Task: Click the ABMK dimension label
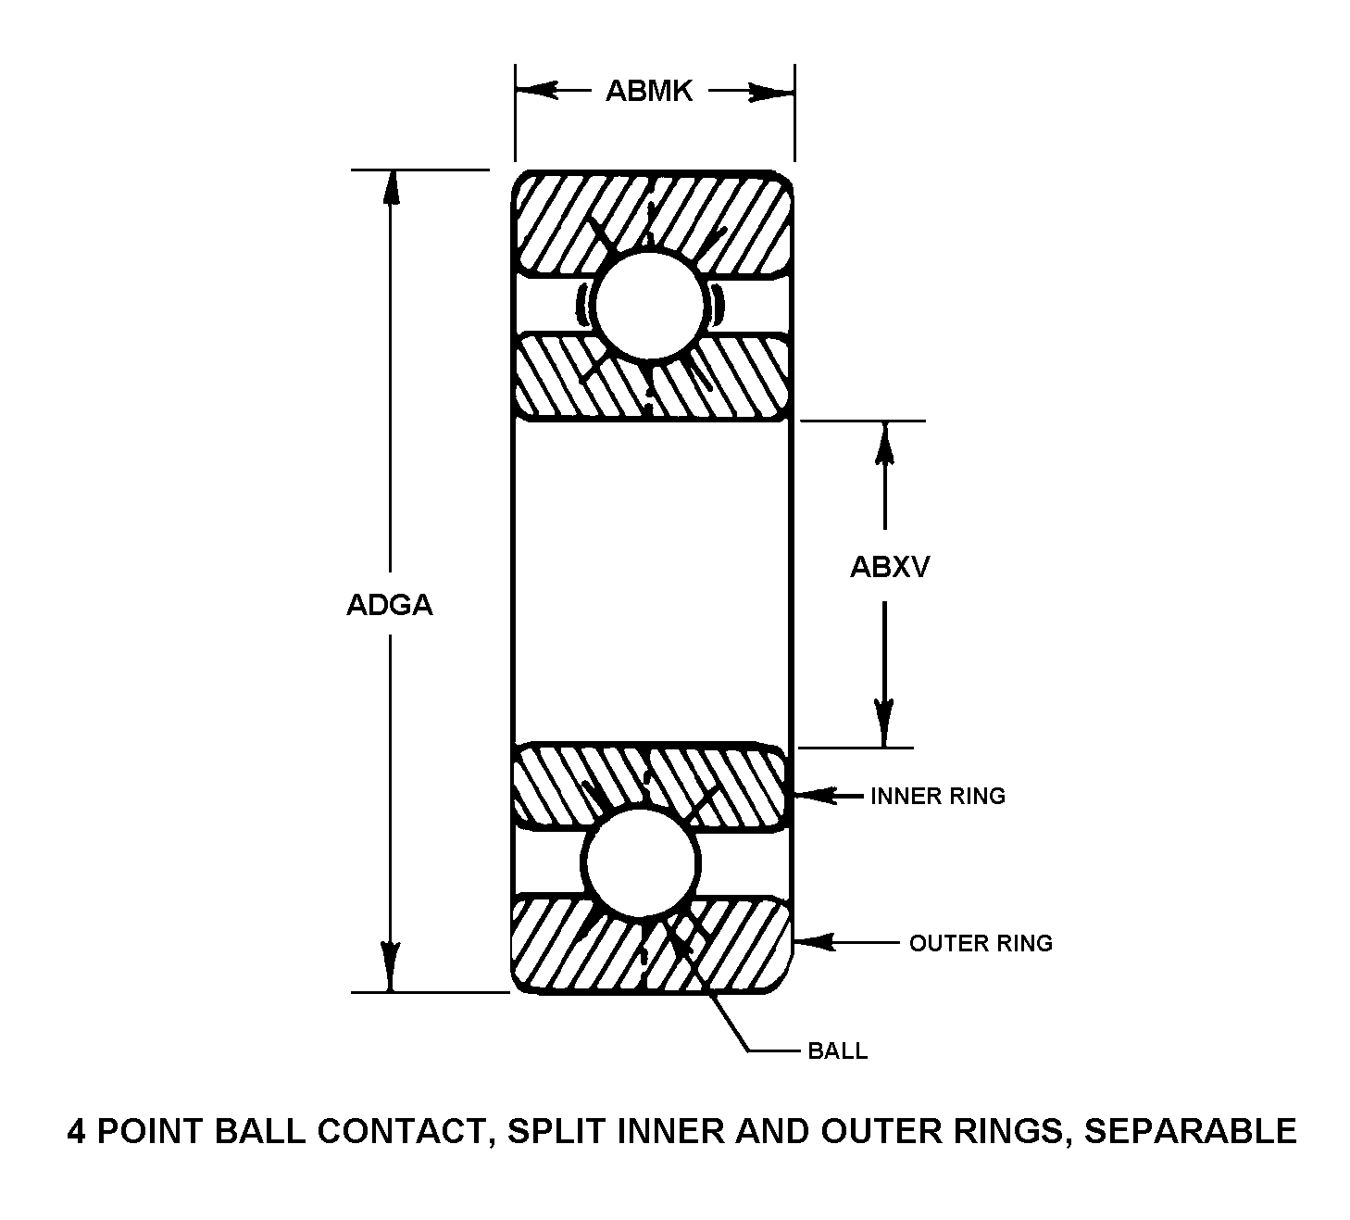(649, 91)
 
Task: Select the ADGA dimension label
(389, 605)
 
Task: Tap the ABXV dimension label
(889, 567)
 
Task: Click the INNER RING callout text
(937, 796)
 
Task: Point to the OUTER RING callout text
(981, 943)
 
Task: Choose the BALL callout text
(837, 1050)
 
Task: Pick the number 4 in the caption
(76, 1131)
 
